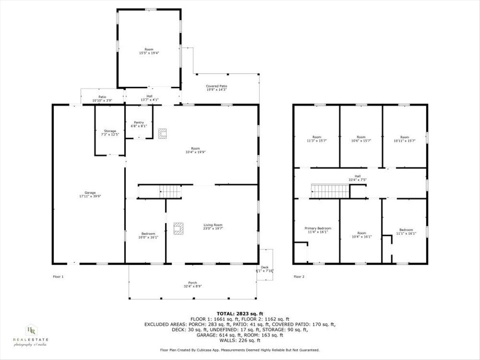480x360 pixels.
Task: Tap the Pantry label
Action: tap(139, 122)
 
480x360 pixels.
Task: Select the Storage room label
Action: tap(110, 131)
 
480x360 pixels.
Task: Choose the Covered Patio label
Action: tap(217, 86)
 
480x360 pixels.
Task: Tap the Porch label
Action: tap(193, 283)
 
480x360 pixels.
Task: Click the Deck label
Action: tap(265, 267)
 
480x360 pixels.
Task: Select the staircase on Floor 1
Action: tap(170, 192)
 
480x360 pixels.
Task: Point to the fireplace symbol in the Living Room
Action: tap(178, 228)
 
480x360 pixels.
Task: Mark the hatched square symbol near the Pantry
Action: tap(162, 134)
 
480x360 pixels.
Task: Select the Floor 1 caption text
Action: tap(58, 276)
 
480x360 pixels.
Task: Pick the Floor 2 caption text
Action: tap(299, 276)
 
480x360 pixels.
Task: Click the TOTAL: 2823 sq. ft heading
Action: tap(240, 314)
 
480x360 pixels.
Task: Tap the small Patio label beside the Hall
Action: tap(102, 96)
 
